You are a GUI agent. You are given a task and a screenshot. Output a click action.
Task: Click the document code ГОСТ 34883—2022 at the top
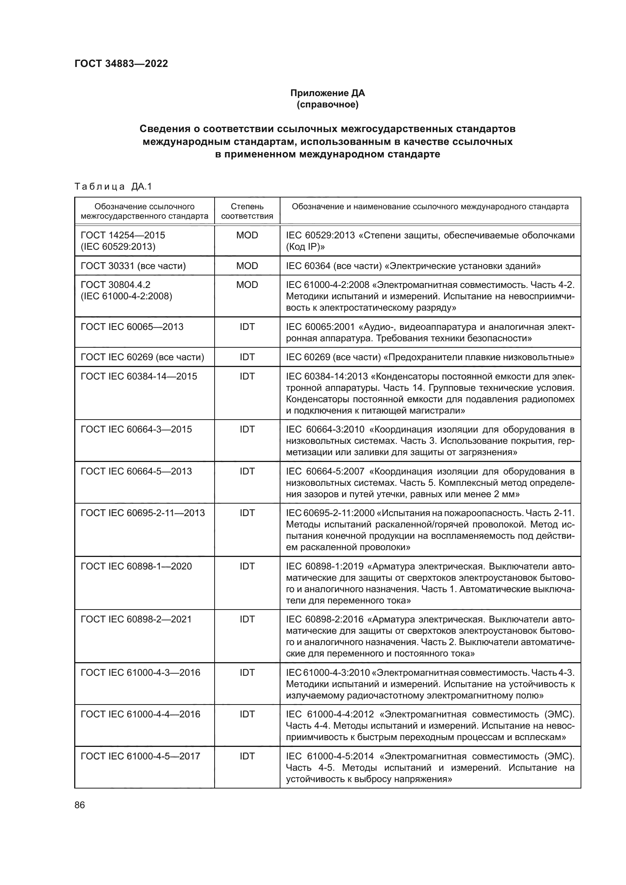(121, 64)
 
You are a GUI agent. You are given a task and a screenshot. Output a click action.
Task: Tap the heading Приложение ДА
(327, 93)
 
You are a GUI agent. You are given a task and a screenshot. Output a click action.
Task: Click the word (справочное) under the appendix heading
(327, 104)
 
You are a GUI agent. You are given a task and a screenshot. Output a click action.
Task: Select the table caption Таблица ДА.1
(113, 187)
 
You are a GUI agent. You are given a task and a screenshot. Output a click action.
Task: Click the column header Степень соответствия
(247, 211)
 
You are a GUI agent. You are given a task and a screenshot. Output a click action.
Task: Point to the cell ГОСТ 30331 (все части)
(133, 266)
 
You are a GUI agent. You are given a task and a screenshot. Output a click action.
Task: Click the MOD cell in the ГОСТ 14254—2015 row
(247, 235)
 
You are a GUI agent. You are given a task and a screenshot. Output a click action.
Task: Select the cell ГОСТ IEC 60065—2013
(132, 327)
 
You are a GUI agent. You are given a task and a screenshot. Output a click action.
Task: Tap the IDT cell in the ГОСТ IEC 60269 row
(247, 357)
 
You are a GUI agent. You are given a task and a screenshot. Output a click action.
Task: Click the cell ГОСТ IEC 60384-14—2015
(139, 376)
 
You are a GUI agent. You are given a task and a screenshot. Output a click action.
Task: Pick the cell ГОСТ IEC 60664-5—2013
(136, 471)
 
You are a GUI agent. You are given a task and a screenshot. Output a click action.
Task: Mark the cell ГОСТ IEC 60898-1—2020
(136, 566)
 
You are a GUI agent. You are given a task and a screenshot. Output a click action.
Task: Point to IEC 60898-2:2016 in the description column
(325, 619)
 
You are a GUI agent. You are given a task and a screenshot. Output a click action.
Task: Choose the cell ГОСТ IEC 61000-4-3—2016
(140, 673)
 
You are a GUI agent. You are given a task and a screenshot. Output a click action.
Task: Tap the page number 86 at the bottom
(80, 805)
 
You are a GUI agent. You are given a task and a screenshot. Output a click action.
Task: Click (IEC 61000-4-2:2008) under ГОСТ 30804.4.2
(126, 296)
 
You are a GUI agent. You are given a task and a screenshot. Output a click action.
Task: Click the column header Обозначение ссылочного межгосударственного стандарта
(145, 211)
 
